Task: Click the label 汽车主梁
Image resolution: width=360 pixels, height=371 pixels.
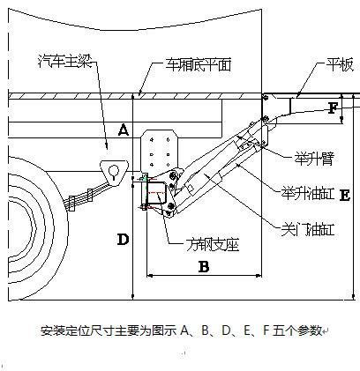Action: (x=65, y=62)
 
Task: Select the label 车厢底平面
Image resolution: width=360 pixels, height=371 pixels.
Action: (x=198, y=64)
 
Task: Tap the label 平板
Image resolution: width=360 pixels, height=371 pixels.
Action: (x=339, y=65)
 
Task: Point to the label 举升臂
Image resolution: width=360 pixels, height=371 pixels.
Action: (x=314, y=159)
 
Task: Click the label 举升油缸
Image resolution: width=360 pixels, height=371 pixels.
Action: (x=308, y=193)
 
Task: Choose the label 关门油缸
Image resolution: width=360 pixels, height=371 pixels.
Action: (x=308, y=229)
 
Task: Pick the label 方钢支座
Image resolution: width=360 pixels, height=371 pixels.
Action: (x=213, y=244)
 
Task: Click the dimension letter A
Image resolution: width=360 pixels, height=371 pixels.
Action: (x=124, y=130)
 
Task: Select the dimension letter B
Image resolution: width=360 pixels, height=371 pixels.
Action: (x=204, y=267)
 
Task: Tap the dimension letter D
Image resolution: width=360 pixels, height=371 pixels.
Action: (x=123, y=240)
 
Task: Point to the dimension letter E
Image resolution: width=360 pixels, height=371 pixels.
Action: (x=345, y=196)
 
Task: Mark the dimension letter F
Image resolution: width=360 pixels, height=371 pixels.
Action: (x=333, y=108)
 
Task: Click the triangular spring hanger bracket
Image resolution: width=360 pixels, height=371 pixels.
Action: (x=114, y=173)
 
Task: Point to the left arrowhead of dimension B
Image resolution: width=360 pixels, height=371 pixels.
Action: (x=150, y=276)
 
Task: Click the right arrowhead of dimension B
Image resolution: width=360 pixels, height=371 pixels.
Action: (x=259, y=276)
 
